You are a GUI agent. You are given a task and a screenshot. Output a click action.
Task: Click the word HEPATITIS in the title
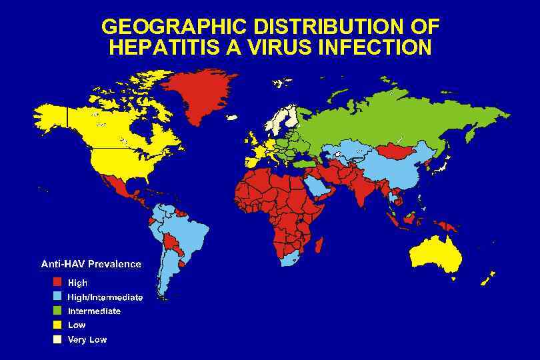159,47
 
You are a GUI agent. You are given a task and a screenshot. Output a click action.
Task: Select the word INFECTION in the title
375,47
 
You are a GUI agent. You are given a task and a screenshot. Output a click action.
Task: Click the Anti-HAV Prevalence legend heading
91,264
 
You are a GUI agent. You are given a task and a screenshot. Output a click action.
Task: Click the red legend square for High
57,283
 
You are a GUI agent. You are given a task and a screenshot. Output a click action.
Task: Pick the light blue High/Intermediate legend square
57,297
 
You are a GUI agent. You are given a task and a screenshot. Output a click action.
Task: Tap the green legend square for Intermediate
57,311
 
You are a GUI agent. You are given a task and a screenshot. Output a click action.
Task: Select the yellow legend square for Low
57,325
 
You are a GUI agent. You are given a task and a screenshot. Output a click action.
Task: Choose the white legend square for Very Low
57,339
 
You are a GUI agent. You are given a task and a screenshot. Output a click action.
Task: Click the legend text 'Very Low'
87,339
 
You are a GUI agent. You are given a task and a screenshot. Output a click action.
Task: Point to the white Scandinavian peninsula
281,121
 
